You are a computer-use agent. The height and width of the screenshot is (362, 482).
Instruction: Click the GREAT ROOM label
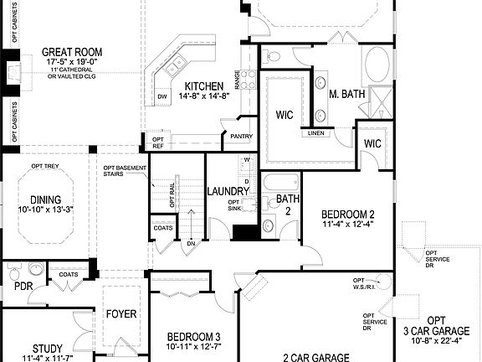coord(72,52)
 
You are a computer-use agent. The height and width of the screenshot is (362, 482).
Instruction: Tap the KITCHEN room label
coord(204,86)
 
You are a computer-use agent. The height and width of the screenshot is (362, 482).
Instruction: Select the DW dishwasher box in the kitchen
coord(163,97)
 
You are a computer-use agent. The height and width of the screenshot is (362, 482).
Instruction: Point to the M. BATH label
coord(346,94)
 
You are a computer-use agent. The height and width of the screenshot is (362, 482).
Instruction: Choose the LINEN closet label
coord(316,133)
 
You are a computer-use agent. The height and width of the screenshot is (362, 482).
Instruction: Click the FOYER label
coord(120,315)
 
